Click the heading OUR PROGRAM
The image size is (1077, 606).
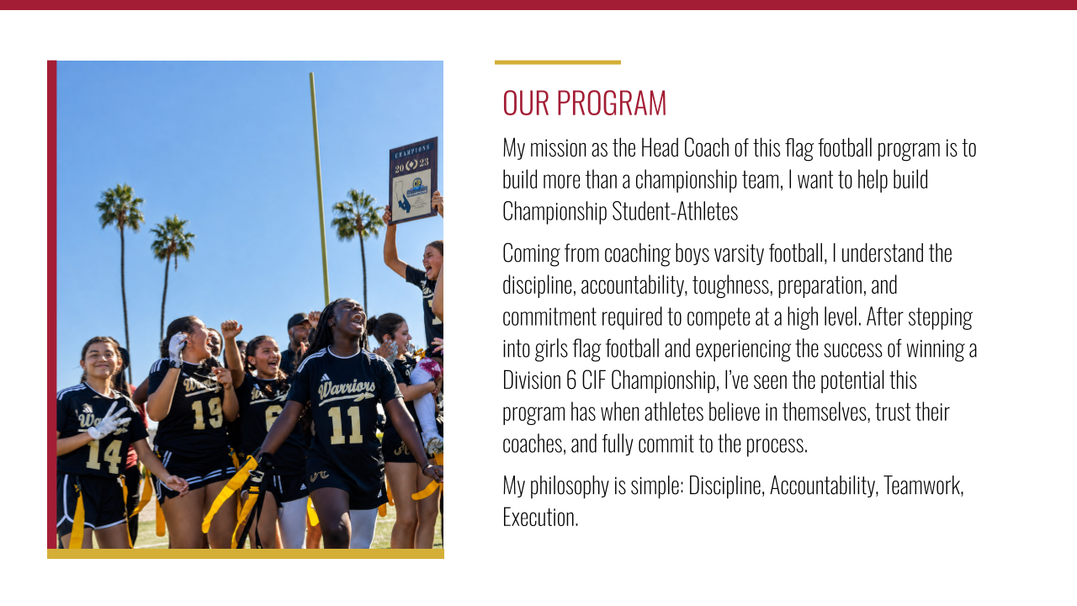pyautogui.click(x=584, y=103)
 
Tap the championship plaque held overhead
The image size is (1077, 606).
pyautogui.click(x=413, y=180)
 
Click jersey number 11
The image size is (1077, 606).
pyautogui.click(x=346, y=425)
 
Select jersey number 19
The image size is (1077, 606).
pyautogui.click(x=207, y=413)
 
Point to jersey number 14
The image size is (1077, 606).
pyautogui.click(x=104, y=455)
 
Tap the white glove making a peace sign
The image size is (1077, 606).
pyautogui.click(x=109, y=422)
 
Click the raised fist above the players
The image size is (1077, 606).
pyautogui.click(x=231, y=329)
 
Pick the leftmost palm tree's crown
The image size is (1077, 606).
pyautogui.click(x=120, y=207)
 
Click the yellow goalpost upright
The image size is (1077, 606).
pyautogui.click(x=320, y=188)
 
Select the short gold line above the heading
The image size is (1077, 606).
pyautogui.click(x=558, y=62)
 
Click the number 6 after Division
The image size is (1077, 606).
pyautogui.click(x=571, y=380)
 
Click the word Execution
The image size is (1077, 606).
pyautogui.click(x=540, y=518)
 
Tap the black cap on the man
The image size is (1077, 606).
pyautogui.click(x=298, y=320)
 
